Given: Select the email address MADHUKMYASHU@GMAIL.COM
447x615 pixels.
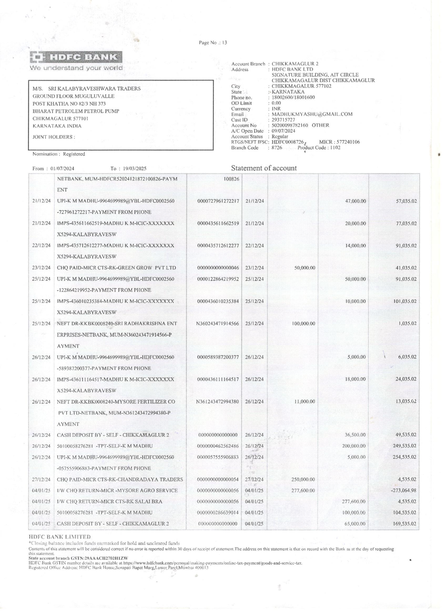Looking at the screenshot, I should pyautogui.click(x=312, y=114).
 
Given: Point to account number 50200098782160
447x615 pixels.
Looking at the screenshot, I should pyautogui.click(x=290, y=125).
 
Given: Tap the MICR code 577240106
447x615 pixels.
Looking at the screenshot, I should pyautogui.click(x=348, y=142).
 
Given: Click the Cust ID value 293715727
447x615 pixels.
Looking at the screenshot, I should pyautogui.click(x=283, y=120).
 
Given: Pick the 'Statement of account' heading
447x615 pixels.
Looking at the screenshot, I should pyautogui.click(x=264, y=168).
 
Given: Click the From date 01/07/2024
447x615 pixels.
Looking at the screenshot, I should pyautogui.click(x=62, y=168).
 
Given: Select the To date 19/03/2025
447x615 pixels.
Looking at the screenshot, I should pyautogui.click(x=134, y=168).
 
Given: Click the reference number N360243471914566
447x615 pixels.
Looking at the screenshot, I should pyautogui.click(x=218, y=324).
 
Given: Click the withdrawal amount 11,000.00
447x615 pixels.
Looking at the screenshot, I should pyautogui.click(x=304, y=402).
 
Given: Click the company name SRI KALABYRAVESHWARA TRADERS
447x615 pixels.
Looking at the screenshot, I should pyautogui.click(x=94, y=89).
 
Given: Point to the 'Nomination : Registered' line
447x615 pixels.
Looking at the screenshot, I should pyautogui.click(x=59, y=154).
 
